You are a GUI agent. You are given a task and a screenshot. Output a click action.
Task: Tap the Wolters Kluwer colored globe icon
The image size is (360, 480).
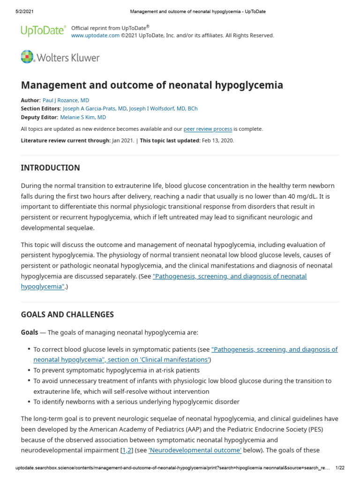[28, 58]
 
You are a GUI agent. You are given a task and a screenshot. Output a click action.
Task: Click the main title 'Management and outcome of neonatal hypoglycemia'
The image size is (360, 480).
[152, 85]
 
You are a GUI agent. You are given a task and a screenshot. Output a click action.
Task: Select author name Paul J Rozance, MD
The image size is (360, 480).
[66, 100]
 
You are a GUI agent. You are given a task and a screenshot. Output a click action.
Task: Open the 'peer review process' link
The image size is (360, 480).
[208, 129]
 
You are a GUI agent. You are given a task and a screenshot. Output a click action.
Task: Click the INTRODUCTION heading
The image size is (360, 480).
[51, 168]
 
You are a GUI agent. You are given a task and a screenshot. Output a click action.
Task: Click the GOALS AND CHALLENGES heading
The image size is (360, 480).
[67, 315]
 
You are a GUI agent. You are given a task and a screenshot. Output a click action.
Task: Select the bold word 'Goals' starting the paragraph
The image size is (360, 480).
[30, 332]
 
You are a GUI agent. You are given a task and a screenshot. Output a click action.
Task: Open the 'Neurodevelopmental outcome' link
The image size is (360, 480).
[195, 450]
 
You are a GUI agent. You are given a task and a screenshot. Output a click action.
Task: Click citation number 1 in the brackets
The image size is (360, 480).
[124, 450]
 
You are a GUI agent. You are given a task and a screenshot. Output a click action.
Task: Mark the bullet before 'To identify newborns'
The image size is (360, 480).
[29, 402]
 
